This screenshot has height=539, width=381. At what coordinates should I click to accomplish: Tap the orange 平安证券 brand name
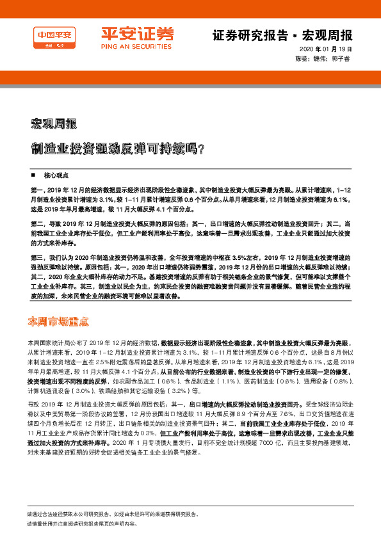tap(138, 34)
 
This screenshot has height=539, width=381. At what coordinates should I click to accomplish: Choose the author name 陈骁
tap(301, 58)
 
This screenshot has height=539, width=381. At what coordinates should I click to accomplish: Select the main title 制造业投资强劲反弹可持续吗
tap(103, 149)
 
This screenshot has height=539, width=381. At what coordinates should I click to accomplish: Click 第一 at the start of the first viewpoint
tap(38, 190)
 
